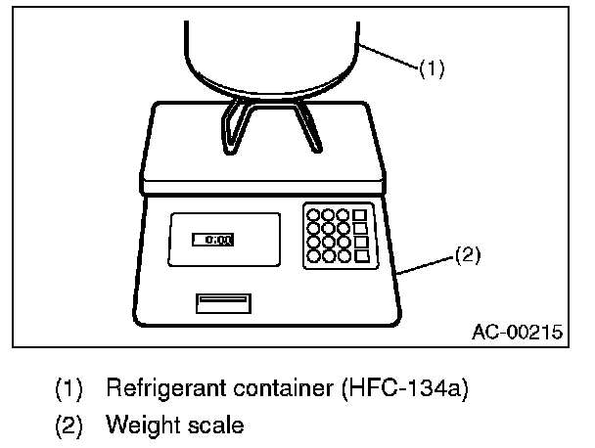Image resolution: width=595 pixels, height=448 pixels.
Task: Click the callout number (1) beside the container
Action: click(432, 69)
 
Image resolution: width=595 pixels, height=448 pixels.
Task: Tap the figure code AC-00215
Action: click(516, 332)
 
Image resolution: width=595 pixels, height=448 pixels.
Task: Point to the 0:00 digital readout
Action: click(211, 239)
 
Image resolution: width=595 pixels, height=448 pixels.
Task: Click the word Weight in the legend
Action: click(135, 426)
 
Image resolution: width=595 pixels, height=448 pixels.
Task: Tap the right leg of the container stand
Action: click(311, 125)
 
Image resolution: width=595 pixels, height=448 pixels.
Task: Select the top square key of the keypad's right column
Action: click(360, 214)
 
